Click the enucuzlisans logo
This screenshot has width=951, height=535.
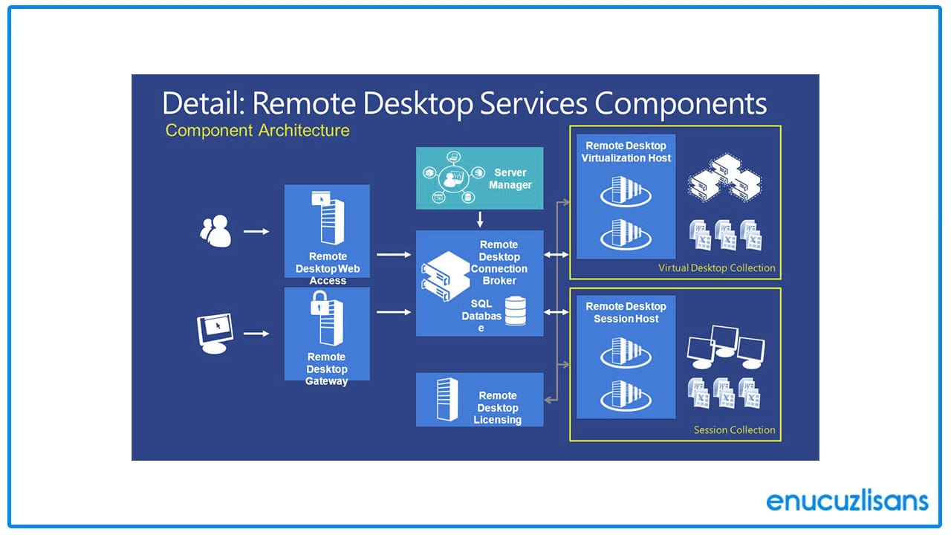(x=847, y=500)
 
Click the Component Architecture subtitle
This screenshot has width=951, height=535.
(x=257, y=131)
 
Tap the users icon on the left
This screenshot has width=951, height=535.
(x=215, y=231)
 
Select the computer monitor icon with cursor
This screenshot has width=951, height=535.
(x=214, y=333)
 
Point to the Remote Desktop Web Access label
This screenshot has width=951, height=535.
(x=328, y=268)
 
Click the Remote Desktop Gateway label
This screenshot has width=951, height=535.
(x=327, y=369)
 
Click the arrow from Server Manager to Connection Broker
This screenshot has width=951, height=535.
(x=480, y=219)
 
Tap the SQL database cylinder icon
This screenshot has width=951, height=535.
(x=515, y=311)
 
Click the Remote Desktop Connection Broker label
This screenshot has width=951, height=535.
(x=499, y=262)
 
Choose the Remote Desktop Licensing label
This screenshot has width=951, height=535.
(x=497, y=408)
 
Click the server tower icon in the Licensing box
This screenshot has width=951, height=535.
(x=447, y=399)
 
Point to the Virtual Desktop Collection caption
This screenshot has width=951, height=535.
(x=716, y=268)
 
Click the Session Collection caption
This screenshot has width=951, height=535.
(x=734, y=429)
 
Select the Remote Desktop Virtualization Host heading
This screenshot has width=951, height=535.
(x=626, y=152)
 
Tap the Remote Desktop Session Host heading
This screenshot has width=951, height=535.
(x=626, y=313)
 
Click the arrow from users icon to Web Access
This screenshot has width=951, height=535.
(x=256, y=232)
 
